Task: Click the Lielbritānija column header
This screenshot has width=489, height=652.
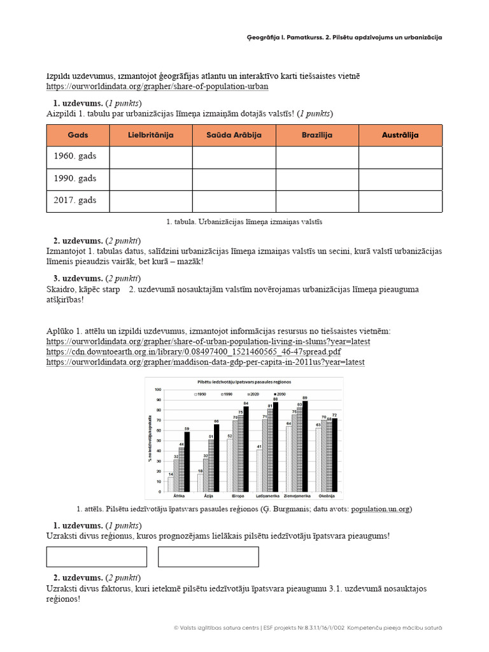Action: (x=151, y=135)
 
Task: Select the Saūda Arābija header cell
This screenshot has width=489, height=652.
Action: (x=234, y=135)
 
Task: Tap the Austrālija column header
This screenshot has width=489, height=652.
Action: (x=400, y=135)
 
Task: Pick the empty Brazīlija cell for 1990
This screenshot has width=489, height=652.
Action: (x=317, y=179)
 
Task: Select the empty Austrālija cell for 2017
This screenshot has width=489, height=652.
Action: (x=400, y=201)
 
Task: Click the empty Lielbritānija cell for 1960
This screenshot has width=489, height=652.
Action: (x=151, y=157)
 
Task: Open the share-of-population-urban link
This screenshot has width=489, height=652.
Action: (x=157, y=86)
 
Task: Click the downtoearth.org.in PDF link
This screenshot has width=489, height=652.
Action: (x=194, y=351)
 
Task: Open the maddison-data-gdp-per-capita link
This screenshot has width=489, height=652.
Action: (x=205, y=362)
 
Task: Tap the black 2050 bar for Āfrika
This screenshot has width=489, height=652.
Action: (x=187, y=462)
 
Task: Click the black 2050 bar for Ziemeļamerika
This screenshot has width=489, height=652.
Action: (x=305, y=446)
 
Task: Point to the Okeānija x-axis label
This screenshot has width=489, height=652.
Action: (x=327, y=495)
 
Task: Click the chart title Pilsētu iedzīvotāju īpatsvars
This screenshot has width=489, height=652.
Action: (x=244, y=381)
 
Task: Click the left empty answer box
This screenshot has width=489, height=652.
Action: (x=97, y=556)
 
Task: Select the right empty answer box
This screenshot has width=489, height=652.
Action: (x=208, y=556)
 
